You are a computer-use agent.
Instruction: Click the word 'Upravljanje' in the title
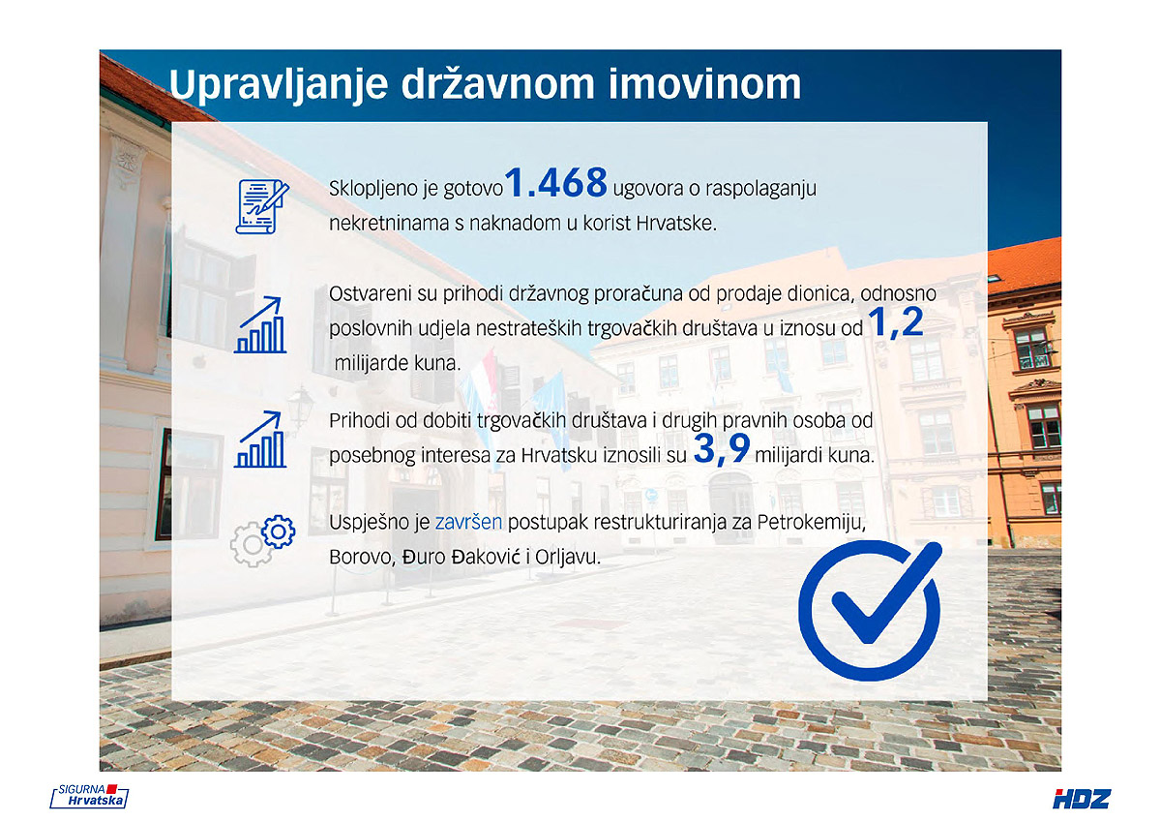coord(279,85)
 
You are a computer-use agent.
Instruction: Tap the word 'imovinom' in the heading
coord(705,83)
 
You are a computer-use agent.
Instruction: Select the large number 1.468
coord(555,183)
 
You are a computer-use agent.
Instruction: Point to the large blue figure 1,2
coord(896,322)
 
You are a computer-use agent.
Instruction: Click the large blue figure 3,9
coord(722,449)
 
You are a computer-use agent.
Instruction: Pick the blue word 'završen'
coord(468,522)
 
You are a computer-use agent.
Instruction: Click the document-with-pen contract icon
coord(262,206)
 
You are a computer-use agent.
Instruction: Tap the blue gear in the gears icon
coord(279,532)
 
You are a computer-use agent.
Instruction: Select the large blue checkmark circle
coord(870,610)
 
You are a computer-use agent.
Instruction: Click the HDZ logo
coord(1082,799)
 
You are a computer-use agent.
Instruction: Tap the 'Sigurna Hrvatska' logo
coord(89,796)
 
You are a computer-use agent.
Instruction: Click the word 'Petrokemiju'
coord(811,523)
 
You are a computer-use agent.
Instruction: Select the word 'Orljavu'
coord(568,558)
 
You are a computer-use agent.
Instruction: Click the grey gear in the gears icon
coord(252,544)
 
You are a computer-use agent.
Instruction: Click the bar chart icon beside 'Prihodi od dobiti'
coord(260,440)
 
